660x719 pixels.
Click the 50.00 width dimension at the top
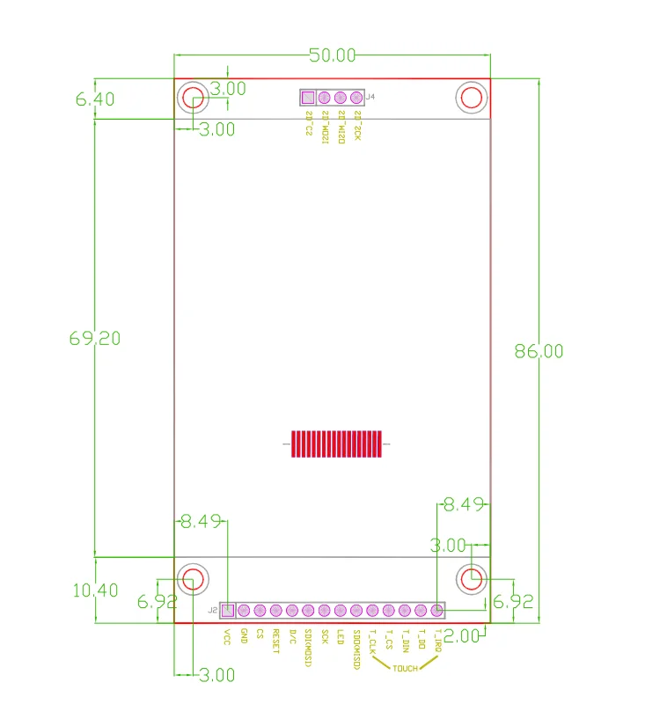tap(332, 55)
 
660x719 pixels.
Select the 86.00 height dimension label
tap(539, 351)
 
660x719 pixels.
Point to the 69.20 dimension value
tap(95, 338)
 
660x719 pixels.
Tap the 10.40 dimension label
tap(95, 591)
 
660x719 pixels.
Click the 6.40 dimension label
tap(95, 99)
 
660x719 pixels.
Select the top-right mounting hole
tap(472, 97)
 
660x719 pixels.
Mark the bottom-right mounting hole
tap(472, 578)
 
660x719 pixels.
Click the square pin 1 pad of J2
tap(227, 610)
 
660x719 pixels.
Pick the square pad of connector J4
tap(308, 98)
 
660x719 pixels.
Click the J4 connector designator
tap(370, 97)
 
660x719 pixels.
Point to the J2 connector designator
tap(212, 610)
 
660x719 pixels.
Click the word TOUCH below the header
tap(406, 669)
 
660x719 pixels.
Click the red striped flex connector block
tap(335, 444)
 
